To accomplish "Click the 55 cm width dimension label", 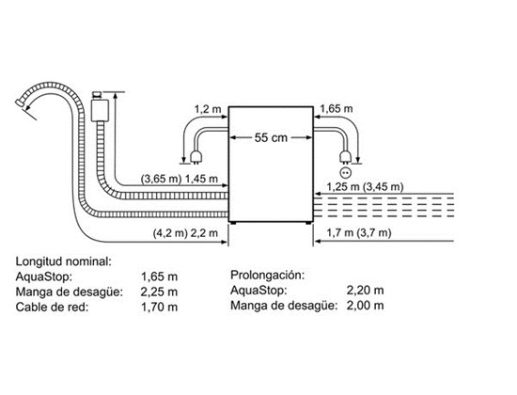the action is click(271, 137).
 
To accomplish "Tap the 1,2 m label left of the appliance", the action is click(208, 109).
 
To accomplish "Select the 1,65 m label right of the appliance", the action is click(336, 108).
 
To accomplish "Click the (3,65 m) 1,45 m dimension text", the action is click(180, 179).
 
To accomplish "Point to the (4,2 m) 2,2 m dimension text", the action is click(185, 233).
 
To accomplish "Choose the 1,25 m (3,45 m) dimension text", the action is click(365, 187).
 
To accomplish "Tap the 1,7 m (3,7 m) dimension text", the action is click(359, 232).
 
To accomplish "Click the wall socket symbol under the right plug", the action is click(346, 172).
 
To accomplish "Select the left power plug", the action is click(196, 156).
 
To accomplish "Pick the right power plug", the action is click(345, 156).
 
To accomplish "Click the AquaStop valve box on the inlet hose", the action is click(100, 110).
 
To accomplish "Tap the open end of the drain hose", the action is click(20, 103).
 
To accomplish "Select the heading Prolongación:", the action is click(267, 275).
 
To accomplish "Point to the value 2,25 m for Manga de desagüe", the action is click(159, 292).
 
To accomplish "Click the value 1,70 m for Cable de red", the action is click(159, 308).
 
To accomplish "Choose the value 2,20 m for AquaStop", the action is click(365, 290).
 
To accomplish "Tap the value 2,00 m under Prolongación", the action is click(365, 306).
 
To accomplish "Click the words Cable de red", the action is click(52, 308).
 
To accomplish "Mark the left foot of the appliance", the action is click(233, 224).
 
